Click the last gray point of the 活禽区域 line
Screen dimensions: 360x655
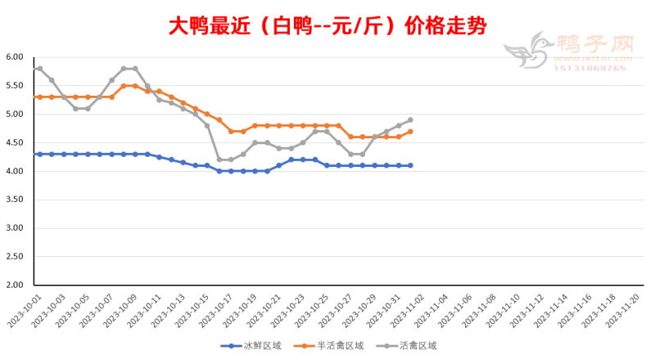[410, 120]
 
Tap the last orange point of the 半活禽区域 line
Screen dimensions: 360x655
[410, 132]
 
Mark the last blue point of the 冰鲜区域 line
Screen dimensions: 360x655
[410, 165]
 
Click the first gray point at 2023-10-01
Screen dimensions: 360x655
[39, 69]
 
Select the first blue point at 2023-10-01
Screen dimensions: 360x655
[39, 154]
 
